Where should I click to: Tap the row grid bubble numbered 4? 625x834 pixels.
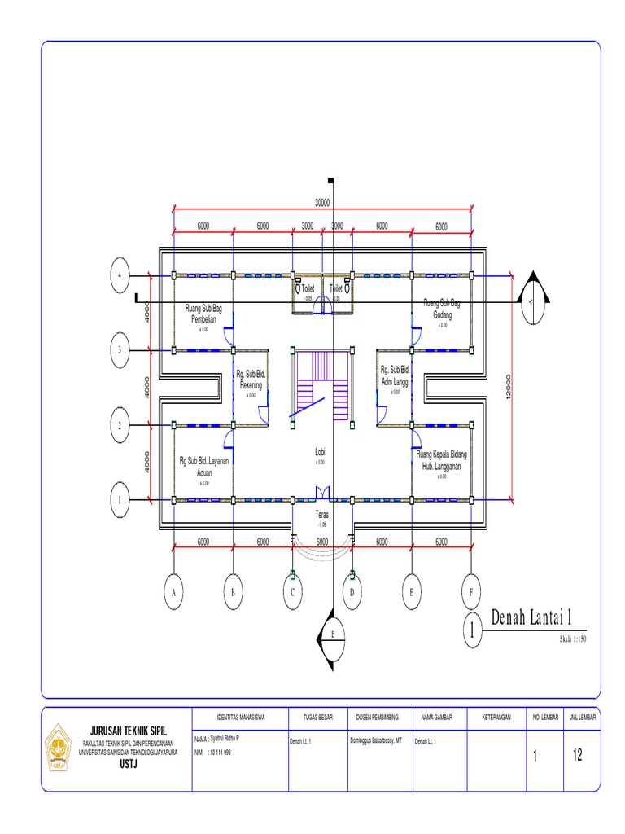click(x=120, y=276)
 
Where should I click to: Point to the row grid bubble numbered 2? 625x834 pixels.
click(x=120, y=425)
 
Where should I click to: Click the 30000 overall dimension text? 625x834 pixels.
click(x=323, y=203)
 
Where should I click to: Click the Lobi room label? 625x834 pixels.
click(x=321, y=451)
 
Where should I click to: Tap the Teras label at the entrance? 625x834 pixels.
click(x=322, y=516)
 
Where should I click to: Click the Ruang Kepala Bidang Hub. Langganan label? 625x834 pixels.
click(x=442, y=459)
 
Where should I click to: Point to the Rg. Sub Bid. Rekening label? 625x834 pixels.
click(x=251, y=379)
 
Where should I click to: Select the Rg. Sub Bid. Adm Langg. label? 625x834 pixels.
click(x=396, y=375)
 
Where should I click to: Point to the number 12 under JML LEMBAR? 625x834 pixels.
click(x=578, y=755)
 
